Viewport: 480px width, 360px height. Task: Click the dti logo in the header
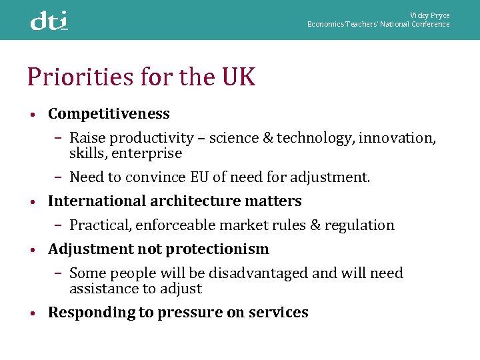(x=49, y=21)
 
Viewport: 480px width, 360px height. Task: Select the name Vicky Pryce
(x=429, y=15)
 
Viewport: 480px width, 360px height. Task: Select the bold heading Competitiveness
(x=109, y=114)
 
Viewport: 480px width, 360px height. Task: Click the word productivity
(x=151, y=138)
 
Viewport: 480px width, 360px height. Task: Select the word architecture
(x=206, y=201)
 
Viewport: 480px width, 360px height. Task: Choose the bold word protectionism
(x=217, y=249)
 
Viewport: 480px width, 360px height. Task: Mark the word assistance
(x=101, y=289)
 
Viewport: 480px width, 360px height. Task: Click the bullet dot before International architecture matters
(x=32, y=202)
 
